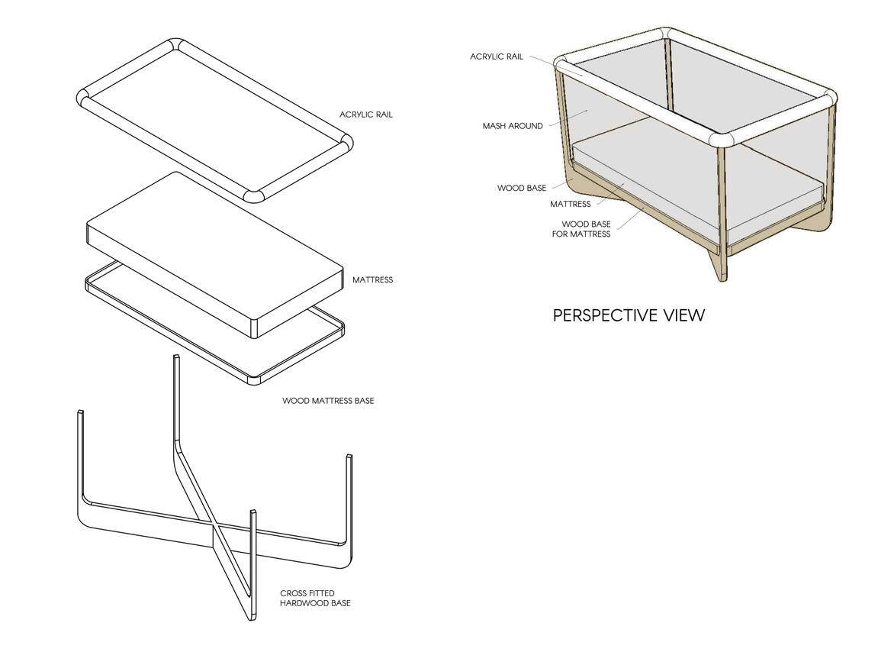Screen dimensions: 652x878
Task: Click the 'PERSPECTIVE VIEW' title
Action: coord(629,315)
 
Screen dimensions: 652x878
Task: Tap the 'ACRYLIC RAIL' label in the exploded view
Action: coord(366,115)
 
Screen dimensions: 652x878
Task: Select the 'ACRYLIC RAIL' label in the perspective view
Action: coord(497,56)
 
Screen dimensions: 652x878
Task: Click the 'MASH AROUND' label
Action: coord(513,126)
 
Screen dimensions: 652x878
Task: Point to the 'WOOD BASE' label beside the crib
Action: coord(522,188)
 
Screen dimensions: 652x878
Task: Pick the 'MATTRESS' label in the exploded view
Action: coord(372,280)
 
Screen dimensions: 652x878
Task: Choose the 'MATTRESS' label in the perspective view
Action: coord(570,205)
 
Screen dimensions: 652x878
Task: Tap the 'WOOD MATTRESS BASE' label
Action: coord(328,401)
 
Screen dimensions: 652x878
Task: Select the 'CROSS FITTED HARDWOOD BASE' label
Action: coord(315,598)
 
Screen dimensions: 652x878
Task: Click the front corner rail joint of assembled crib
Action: coord(721,139)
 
